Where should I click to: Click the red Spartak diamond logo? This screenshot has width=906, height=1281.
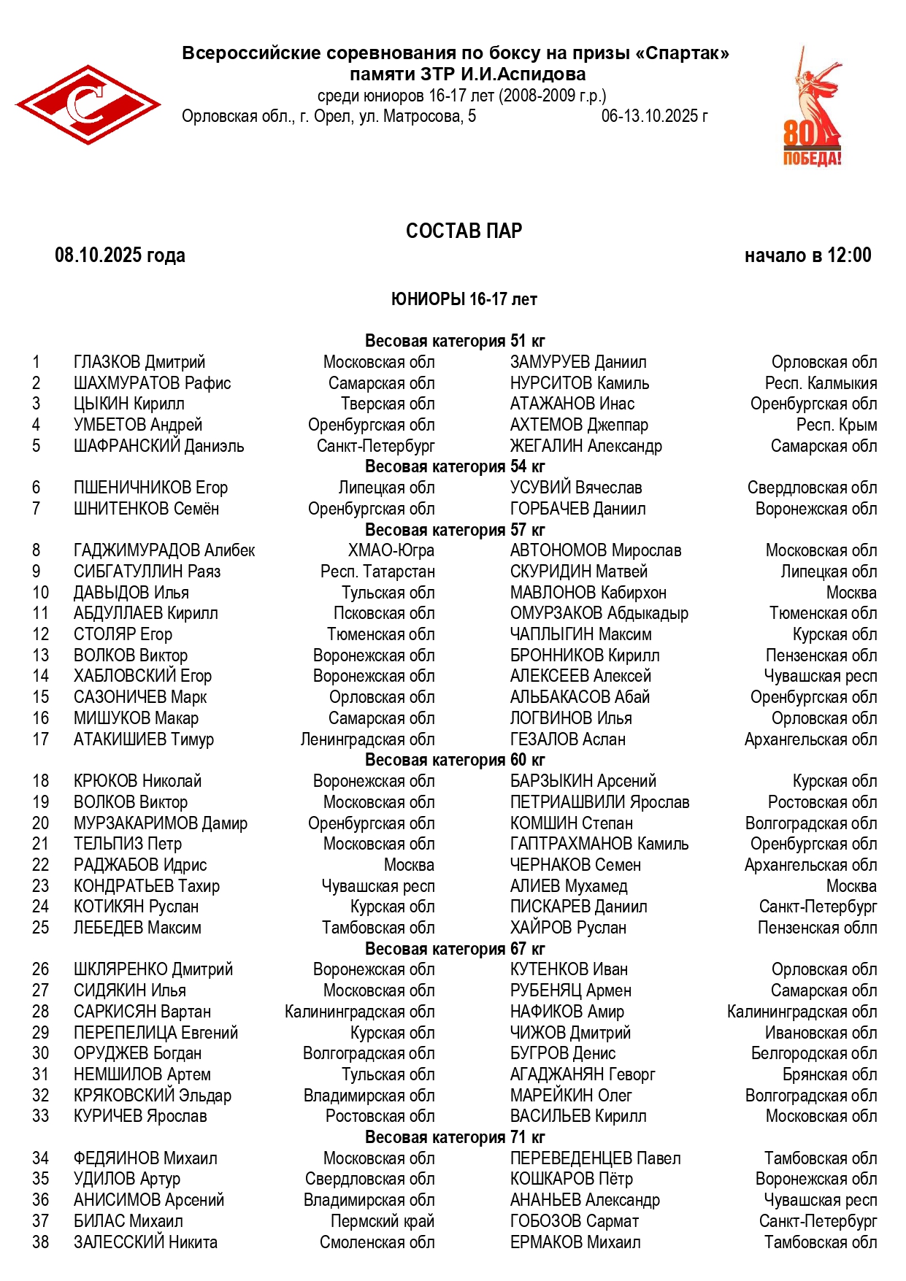(x=88, y=104)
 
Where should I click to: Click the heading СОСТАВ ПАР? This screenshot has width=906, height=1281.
(x=464, y=231)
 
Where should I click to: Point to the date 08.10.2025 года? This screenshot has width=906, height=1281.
(x=120, y=255)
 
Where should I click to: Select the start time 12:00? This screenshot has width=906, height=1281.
(x=849, y=255)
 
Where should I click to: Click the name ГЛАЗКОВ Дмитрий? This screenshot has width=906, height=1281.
(x=139, y=362)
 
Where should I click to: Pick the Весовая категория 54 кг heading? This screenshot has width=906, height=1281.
(x=455, y=466)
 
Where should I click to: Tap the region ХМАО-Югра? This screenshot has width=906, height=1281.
(x=391, y=550)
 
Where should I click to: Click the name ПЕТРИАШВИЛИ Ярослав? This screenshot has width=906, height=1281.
(x=599, y=802)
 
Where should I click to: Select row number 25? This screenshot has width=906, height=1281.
(x=40, y=928)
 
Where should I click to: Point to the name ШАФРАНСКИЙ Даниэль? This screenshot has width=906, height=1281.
(x=158, y=446)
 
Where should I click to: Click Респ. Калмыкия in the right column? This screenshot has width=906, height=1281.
(x=821, y=383)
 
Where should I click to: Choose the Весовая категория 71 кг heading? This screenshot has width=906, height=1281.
(x=455, y=1137)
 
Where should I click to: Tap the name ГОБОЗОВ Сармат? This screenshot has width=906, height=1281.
(x=574, y=1221)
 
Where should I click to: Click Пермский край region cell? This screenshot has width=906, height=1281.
(x=382, y=1221)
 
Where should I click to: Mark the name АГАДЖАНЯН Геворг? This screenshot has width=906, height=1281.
(x=582, y=1074)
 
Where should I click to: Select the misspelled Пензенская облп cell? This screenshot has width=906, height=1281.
(x=817, y=928)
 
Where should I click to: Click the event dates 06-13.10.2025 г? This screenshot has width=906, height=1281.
(x=654, y=116)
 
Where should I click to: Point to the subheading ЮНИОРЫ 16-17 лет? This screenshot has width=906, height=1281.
(x=464, y=299)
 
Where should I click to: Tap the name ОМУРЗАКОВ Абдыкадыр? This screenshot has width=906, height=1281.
(x=599, y=613)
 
